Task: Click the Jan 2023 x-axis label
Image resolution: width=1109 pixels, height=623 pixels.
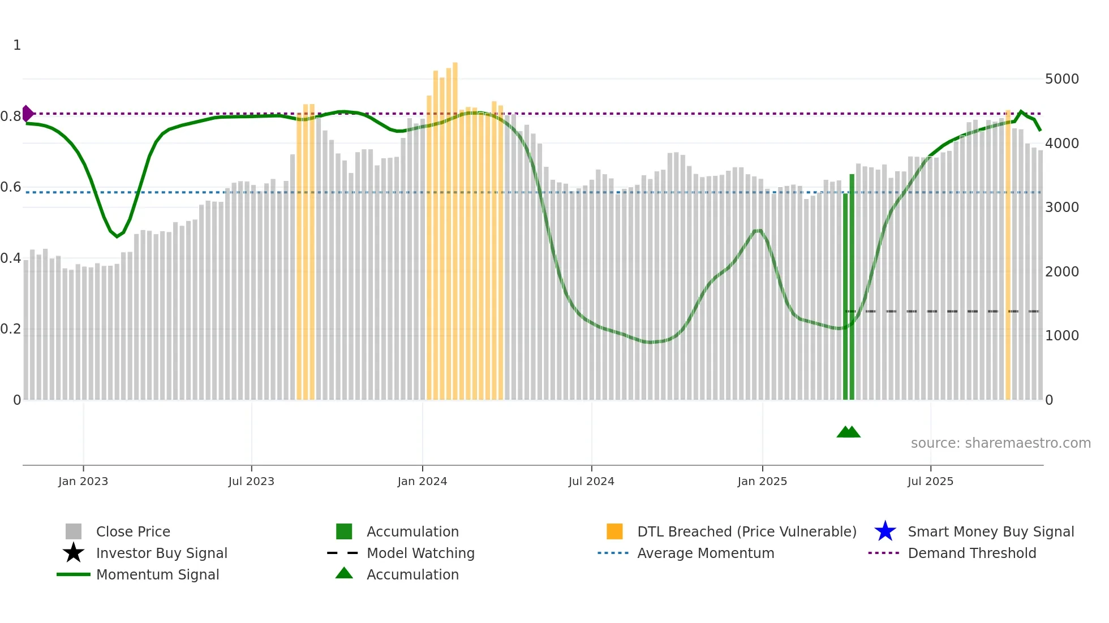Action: pyautogui.click(x=83, y=482)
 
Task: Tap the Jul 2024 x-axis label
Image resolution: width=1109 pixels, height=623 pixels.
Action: pyautogui.click(x=591, y=482)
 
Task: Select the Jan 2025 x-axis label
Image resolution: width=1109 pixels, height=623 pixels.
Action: pyautogui.click(x=762, y=482)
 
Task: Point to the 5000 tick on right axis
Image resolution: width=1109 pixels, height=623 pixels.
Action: pyautogui.click(x=1061, y=79)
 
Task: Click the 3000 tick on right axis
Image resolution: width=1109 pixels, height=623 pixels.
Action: pyautogui.click(x=1061, y=207)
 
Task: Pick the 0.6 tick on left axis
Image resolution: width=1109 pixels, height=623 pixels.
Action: pyautogui.click(x=11, y=187)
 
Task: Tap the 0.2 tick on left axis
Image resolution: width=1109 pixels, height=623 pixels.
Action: pyautogui.click(x=11, y=329)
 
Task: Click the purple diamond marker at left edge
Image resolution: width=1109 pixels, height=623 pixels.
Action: pyautogui.click(x=27, y=114)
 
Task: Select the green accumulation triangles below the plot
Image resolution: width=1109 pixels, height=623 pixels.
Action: pyautogui.click(x=848, y=432)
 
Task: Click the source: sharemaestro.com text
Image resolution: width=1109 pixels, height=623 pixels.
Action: pyautogui.click(x=1000, y=443)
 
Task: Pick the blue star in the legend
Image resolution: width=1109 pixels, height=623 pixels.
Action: pyautogui.click(x=885, y=531)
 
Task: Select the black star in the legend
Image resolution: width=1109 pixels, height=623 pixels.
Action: pyautogui.click(x=74, y=553)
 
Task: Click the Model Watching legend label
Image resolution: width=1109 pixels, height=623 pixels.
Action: pyautogui.click(x=420, y=553)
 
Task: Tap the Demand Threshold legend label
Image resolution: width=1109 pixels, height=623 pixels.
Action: pyautogui.click(x=972, y=553)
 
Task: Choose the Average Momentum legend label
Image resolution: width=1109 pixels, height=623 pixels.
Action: pyautogui.click(x=706, y=553)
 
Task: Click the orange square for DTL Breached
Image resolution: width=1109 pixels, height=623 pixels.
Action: pyautogui.click(x=614, y=531)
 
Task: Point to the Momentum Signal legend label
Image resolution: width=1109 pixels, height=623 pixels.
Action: pyautogui.click(x=157, y=574)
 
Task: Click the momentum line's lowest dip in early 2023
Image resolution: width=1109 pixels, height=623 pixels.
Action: pyautogui.click(x=117, y=236)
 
